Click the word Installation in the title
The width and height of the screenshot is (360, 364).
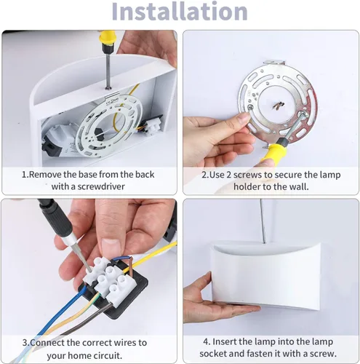pyautogui.click(x=180, y=12)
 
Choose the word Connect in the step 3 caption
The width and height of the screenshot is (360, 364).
pyautogui.click(x=50, y=342)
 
